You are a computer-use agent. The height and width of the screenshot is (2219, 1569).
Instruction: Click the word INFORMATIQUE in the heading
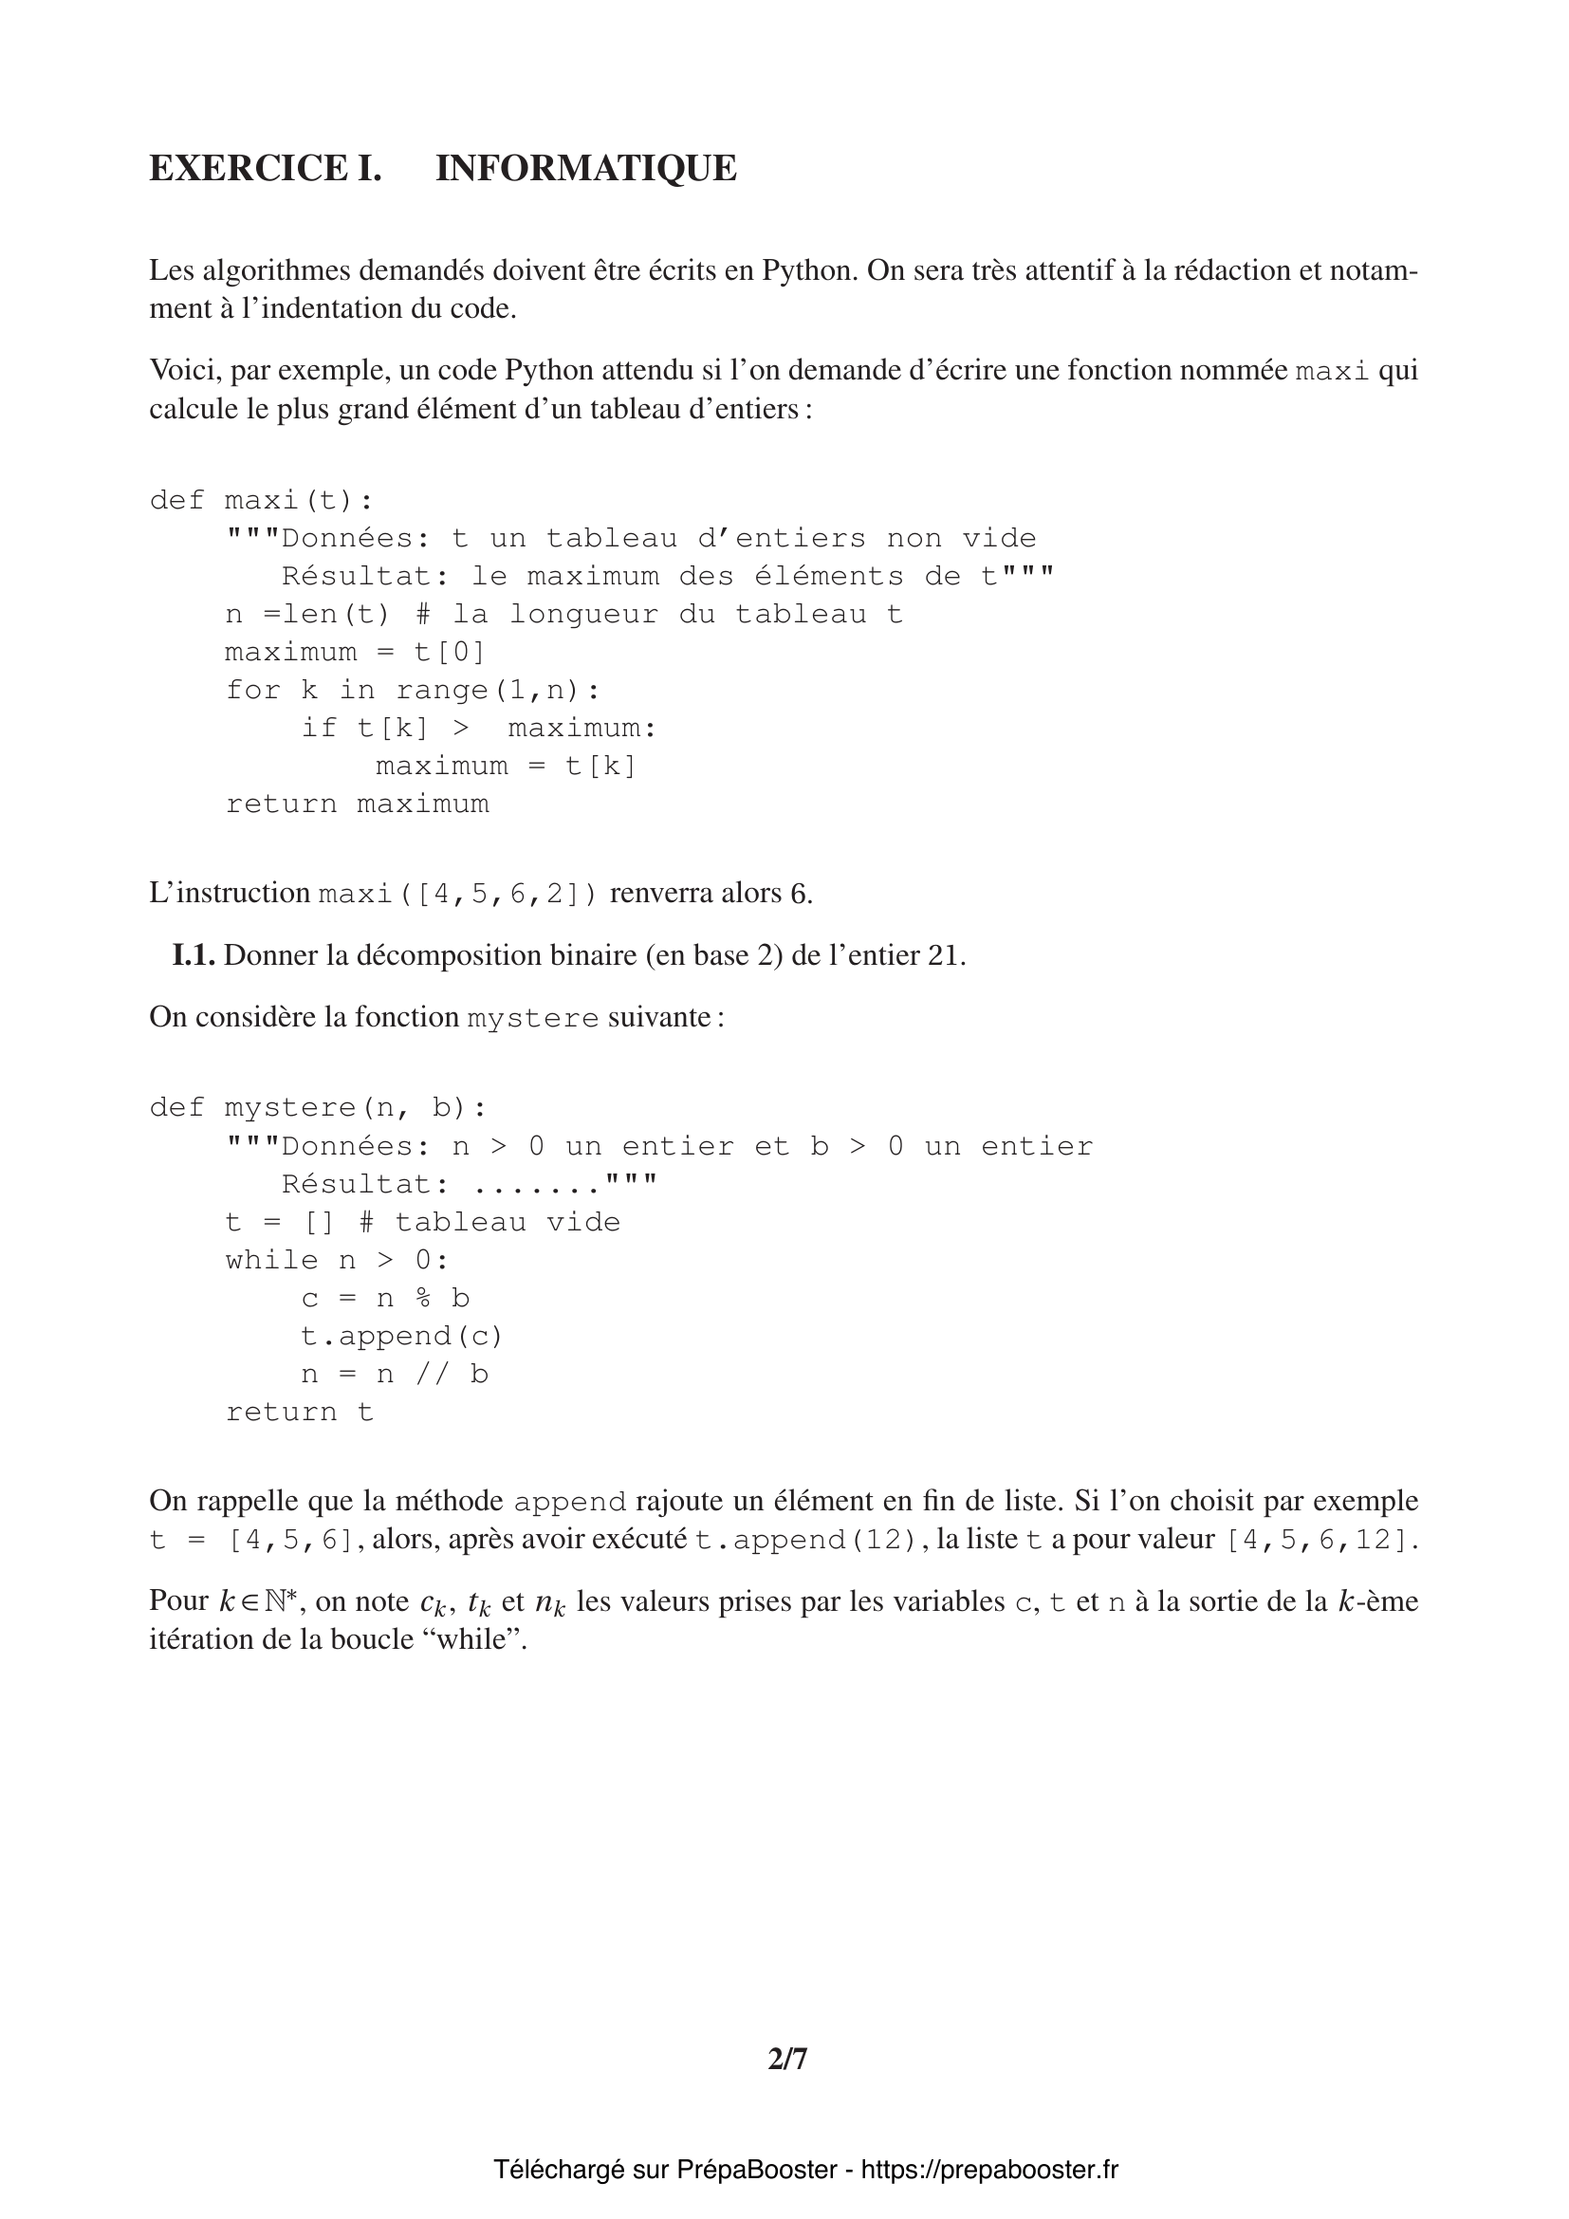pyautogui.click(x=585, y=168)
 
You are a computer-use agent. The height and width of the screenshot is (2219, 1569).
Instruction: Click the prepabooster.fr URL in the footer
pyautogui.click(x=989, y=2170)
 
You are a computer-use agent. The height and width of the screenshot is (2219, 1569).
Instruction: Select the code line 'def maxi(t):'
pyautogui.click(x=261, y=501)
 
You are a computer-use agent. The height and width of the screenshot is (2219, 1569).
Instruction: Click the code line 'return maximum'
pyautogui.click(x=358, y=804)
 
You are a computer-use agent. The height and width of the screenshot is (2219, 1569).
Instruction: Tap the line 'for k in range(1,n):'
pyautogui.click(x=413, y=690)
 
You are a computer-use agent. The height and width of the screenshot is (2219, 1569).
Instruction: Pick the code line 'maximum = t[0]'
pyautogui.click(x=355, y=653)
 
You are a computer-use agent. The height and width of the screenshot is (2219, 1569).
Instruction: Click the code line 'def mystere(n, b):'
pyautogui.click(x=318, y=1107)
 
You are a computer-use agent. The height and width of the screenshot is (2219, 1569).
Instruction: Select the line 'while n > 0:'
pyautogui.click(x=337, y=1260)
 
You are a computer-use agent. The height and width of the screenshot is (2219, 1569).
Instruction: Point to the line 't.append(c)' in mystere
pyautogui.click(x=402, y=1337)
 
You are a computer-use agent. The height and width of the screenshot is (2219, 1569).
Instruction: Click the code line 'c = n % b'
pyautogui.click(x=385, y=1298)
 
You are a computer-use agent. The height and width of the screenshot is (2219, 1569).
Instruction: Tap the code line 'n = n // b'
pyautogui.click(x=395, y=1375)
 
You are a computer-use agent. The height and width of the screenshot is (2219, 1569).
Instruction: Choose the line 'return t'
pyautogui.click(x=300, y=1412)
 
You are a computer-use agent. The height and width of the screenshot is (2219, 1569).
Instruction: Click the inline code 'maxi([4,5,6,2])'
pyautogui.click(x=458, y=894)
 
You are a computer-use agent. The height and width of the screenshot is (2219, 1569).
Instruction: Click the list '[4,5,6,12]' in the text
pyautogui.click(x=1320, y=1540)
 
